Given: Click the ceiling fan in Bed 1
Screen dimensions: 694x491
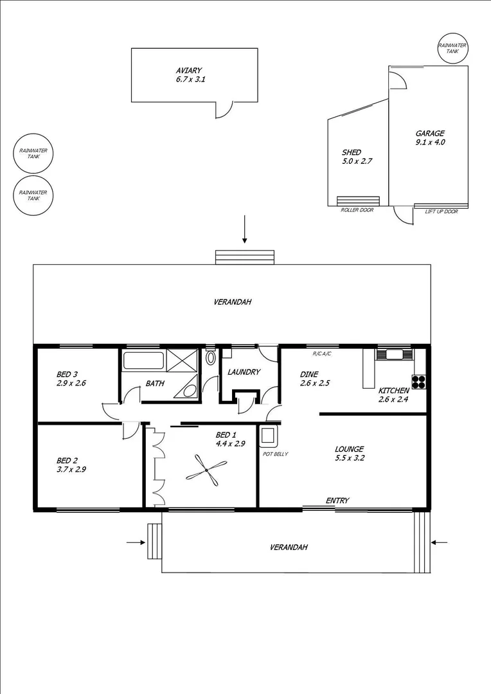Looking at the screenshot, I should pyautogui.click(x=206, y=472).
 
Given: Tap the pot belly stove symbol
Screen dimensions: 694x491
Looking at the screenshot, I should pyautogui.click(x=267, y=436).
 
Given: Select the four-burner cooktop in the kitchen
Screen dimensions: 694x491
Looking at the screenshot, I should pyautogui.click(x=419, y=381).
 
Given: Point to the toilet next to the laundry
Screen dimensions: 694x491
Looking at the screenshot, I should pyautogui.click(x=211, y=358).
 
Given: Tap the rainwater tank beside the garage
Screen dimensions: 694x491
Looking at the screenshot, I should pyautogui.click(x=453, y=49).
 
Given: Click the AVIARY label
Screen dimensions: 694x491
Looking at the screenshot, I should pyautogui.click(x=190, y=70).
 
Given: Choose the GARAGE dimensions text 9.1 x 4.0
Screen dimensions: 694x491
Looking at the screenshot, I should pyautogui.click(x=430, y=143).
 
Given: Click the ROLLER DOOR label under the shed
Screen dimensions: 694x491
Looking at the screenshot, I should pyautogui.click(x=357, y=210).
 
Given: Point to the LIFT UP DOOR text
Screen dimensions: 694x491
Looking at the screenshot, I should pyautogui.click(x=442, y=211).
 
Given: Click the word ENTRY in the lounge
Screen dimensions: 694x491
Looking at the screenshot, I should pyautogui.click(x=337, y=501).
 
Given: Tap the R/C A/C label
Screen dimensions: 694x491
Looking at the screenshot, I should pyautogui.click(x=321, y=354).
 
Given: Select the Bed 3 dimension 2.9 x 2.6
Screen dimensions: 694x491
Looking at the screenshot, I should pyautogui.click(x=71, y=383).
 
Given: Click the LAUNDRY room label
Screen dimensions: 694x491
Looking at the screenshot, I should pyautogui.click(x=244, y=372).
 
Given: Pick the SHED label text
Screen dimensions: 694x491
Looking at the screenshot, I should pyautogui.click(x=351, y=152).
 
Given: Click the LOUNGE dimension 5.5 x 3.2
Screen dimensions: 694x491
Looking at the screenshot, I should pyautogui.click(x=349, y=459).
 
